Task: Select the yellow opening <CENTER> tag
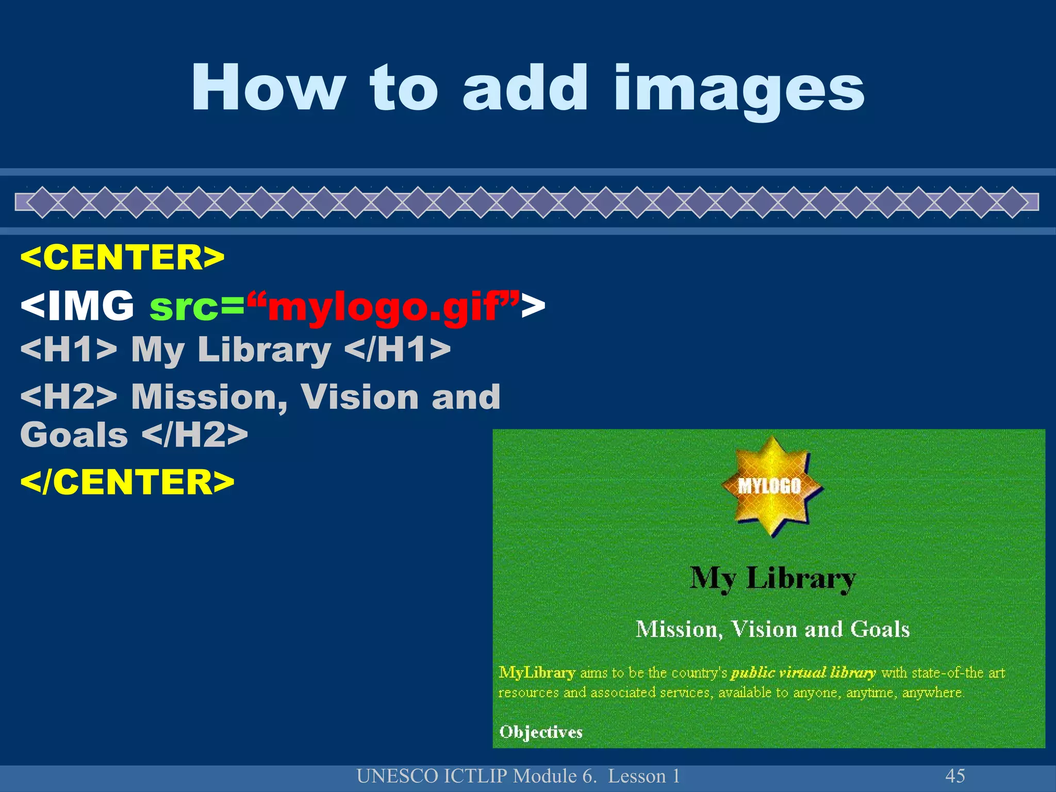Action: [122, 257]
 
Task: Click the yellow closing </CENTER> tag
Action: [127, 482]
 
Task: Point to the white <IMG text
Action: [77, 306]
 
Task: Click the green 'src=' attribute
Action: [196, 307]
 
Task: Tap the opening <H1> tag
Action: [69, 349]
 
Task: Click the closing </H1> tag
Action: [397, 349]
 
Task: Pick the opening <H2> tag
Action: [69, 397]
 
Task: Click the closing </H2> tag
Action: [194, 435]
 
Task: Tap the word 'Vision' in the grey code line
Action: [359, 397]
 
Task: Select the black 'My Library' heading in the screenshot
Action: [772, 578]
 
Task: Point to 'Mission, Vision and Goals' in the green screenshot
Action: [772, 629]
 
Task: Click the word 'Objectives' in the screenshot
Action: [541, 732]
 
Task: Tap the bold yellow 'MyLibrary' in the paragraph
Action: [537, 672]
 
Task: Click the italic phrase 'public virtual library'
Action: [803, 672]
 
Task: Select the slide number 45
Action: [955, 776]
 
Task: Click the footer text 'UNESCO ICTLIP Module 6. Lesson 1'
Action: [518, 776]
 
